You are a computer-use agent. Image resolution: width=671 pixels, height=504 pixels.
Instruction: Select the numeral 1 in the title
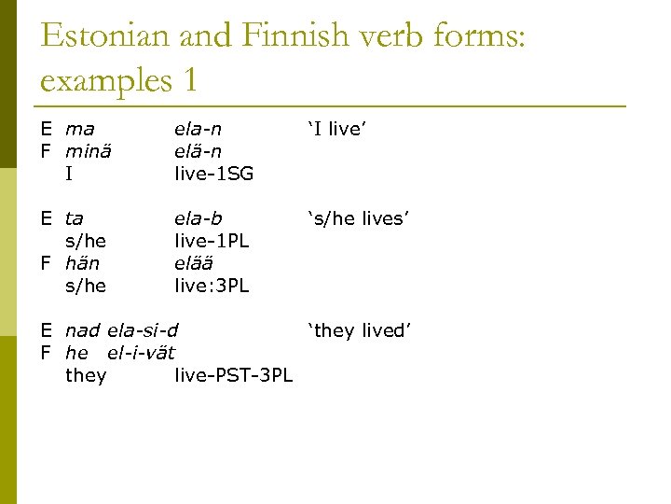pos(189,80)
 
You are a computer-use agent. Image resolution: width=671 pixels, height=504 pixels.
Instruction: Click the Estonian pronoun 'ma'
pos(80,129)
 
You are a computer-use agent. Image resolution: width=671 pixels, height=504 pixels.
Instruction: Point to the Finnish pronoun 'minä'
pos(88,151)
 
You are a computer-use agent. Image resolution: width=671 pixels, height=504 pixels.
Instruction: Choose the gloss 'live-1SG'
pos(214,174)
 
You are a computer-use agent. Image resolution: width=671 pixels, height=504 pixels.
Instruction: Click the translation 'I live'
pos(337,129)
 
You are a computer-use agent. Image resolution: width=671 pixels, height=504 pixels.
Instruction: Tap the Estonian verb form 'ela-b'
pos(199,218)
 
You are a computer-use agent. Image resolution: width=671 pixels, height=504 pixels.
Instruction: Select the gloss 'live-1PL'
pos(212,241)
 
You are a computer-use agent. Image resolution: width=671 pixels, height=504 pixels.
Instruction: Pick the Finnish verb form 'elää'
pos(194,263)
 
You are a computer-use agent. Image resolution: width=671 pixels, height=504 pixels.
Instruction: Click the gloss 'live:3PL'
pos(212,286)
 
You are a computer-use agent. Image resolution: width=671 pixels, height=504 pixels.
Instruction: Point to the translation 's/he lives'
pos(359,218)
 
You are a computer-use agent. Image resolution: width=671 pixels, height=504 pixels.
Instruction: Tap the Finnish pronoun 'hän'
pos(83,263)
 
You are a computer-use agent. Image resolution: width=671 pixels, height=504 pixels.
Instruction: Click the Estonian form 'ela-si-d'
pos(143,330)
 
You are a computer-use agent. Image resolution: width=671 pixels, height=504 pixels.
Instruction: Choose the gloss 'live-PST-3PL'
pos(233,375)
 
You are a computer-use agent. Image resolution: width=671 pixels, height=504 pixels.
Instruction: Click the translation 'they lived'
pos(359,330)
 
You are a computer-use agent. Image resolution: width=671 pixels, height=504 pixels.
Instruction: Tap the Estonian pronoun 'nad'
pos(83,330)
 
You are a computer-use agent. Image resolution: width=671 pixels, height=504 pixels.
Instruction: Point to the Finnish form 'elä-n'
pos(199,151)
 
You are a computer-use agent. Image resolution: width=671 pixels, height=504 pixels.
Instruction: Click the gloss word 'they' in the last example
pos(86,375)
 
